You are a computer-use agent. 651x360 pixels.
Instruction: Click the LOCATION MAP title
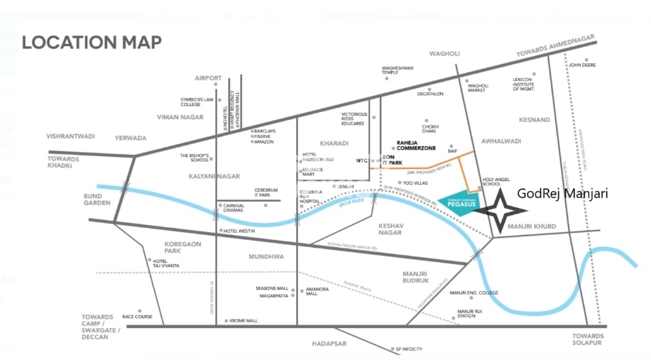point(92,42)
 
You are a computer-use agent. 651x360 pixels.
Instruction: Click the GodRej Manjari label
point(562,192)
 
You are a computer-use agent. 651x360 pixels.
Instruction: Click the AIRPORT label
point(208,78)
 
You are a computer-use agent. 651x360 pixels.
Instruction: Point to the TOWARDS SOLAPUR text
point(591,339)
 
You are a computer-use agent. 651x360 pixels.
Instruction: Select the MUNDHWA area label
point(266,256)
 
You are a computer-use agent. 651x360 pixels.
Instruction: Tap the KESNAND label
point(535,120)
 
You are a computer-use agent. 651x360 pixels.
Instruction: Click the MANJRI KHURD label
point(532,227)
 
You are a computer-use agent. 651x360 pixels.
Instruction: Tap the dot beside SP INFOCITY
point(389,349)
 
